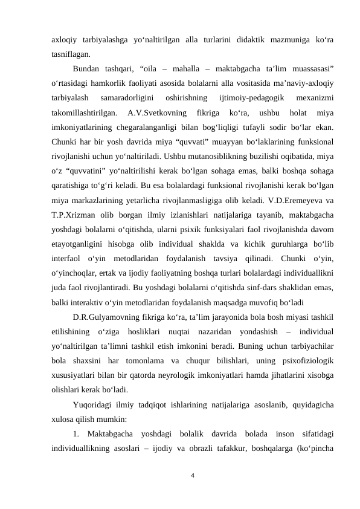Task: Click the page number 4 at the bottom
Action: (191, 476)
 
